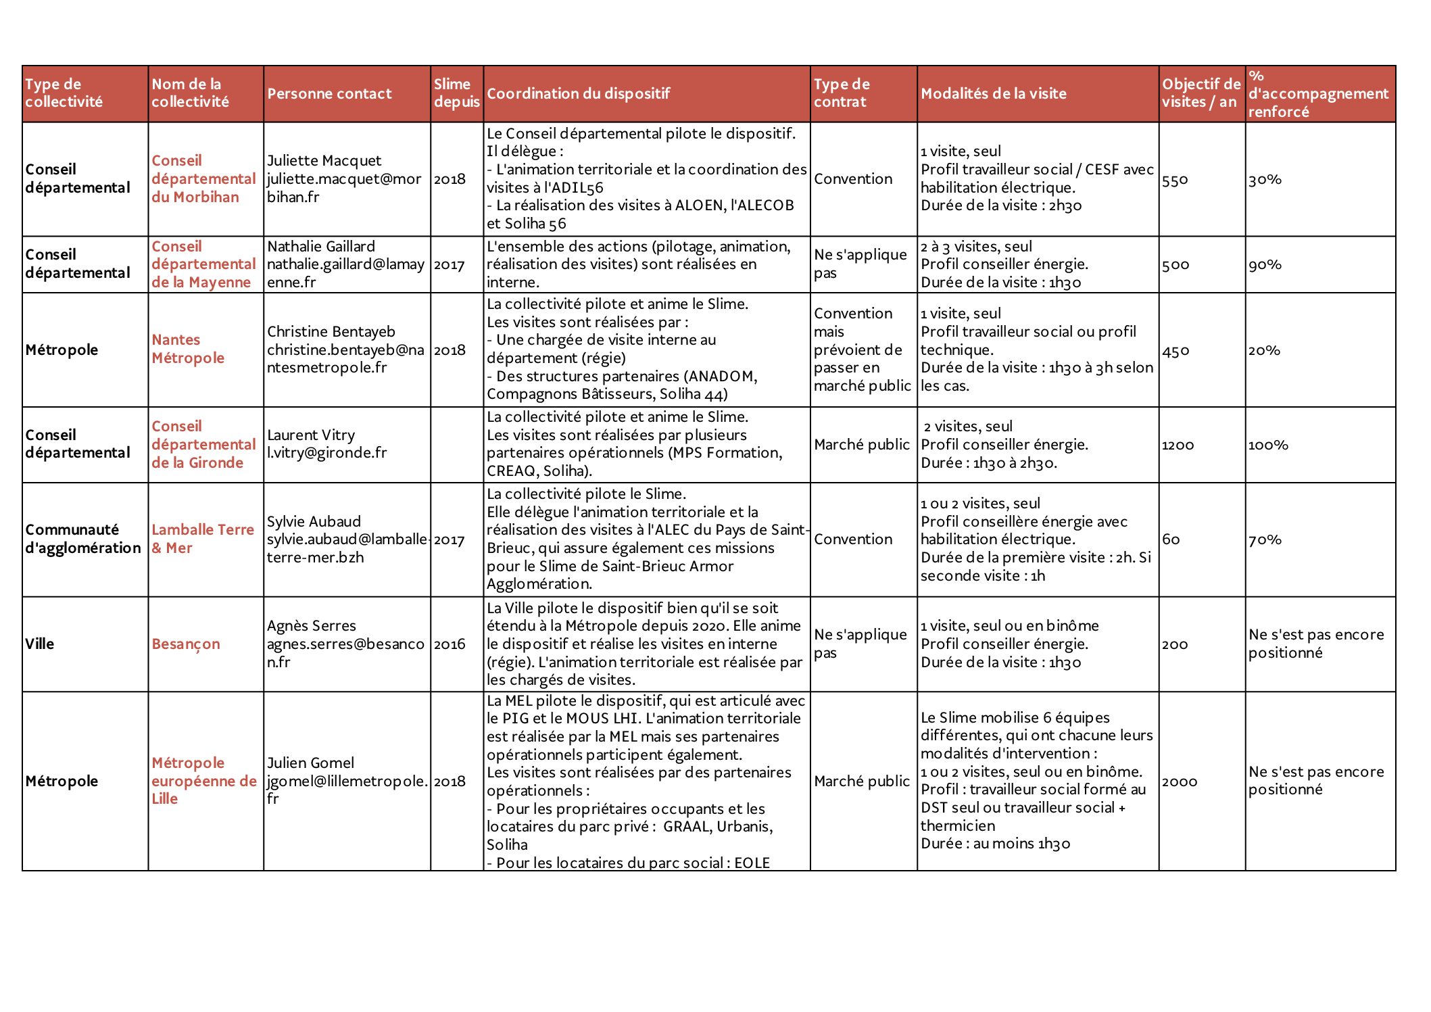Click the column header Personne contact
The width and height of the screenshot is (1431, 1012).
pos(329,94)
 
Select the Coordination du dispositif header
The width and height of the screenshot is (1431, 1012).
pos(578,94)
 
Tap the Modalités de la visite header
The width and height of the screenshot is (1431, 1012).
pos(993,94)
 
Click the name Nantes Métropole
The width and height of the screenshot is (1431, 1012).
pos(188,349)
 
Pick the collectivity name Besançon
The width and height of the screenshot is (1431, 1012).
pos(186,644)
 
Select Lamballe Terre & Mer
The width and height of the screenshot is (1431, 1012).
pos(203,539)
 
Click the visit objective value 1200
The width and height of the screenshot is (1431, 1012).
pos(1178,445)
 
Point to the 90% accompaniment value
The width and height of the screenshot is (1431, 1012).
pos(1265,265)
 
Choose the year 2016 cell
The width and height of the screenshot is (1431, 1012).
pos(450,644)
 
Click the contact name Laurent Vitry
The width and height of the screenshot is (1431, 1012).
pos(311,435)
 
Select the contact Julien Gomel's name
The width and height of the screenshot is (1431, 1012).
pos(310,763)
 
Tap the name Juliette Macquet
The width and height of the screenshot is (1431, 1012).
pos(324,161)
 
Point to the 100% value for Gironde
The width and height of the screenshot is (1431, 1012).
pos(1268,445)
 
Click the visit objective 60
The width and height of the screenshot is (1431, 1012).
pos(1171,539)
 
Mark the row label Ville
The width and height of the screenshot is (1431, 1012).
pos(40,644)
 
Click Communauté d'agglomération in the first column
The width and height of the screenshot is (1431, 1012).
pos(83,539)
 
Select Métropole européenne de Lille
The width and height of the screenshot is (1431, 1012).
pos(203,781)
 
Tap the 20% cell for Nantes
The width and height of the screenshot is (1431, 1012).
pos(1264,351)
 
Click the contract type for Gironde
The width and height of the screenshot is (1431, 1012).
pos(862,445)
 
